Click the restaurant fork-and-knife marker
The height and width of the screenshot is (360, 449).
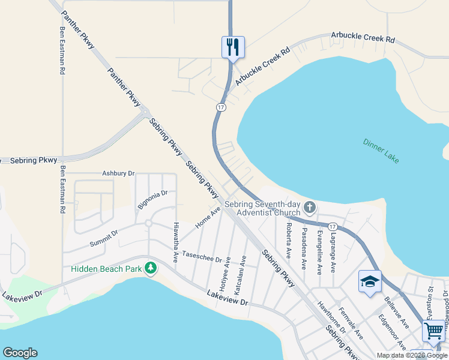click(x=233, y=47)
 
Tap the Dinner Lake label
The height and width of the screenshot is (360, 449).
click(x=381, y=151)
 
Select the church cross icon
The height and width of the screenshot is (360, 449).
click(x=310, y=208)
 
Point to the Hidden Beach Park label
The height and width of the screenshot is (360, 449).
click(x=106, y=269)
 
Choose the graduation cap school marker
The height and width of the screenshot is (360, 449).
click(x=369, y=281)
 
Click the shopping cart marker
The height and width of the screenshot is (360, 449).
click(x=433, y=329)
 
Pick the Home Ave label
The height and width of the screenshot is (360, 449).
click(x=208, y=218)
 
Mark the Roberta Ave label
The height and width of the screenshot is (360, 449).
click(x=289, y=241)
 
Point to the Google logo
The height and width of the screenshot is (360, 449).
click(x=20, y=353)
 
